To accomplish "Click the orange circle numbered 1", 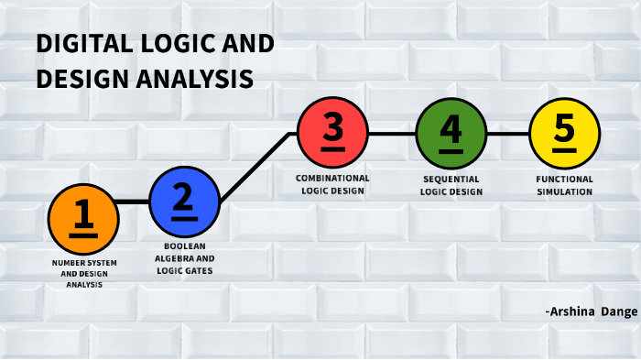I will tap(83, 218).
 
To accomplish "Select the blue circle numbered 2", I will tap(184, 202).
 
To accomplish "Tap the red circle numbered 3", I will tap(333, 133).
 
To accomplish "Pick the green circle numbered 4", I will tap(451, 133).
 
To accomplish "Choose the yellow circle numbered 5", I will tap(565, 133).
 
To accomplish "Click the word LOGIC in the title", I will tap(180, 45).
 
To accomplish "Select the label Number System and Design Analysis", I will tap(83, 273).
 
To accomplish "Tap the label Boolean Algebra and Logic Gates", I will tap(183, 258).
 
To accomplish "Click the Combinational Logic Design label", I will tap(333, 184).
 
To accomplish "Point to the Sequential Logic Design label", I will tap(451, 185).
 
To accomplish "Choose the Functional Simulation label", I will tap(565, 185).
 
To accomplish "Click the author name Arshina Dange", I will tap(591, 312).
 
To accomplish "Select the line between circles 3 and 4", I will tap(392, 133).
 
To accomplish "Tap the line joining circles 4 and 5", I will tap(507, 133).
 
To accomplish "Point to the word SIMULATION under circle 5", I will tap(565, 192).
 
